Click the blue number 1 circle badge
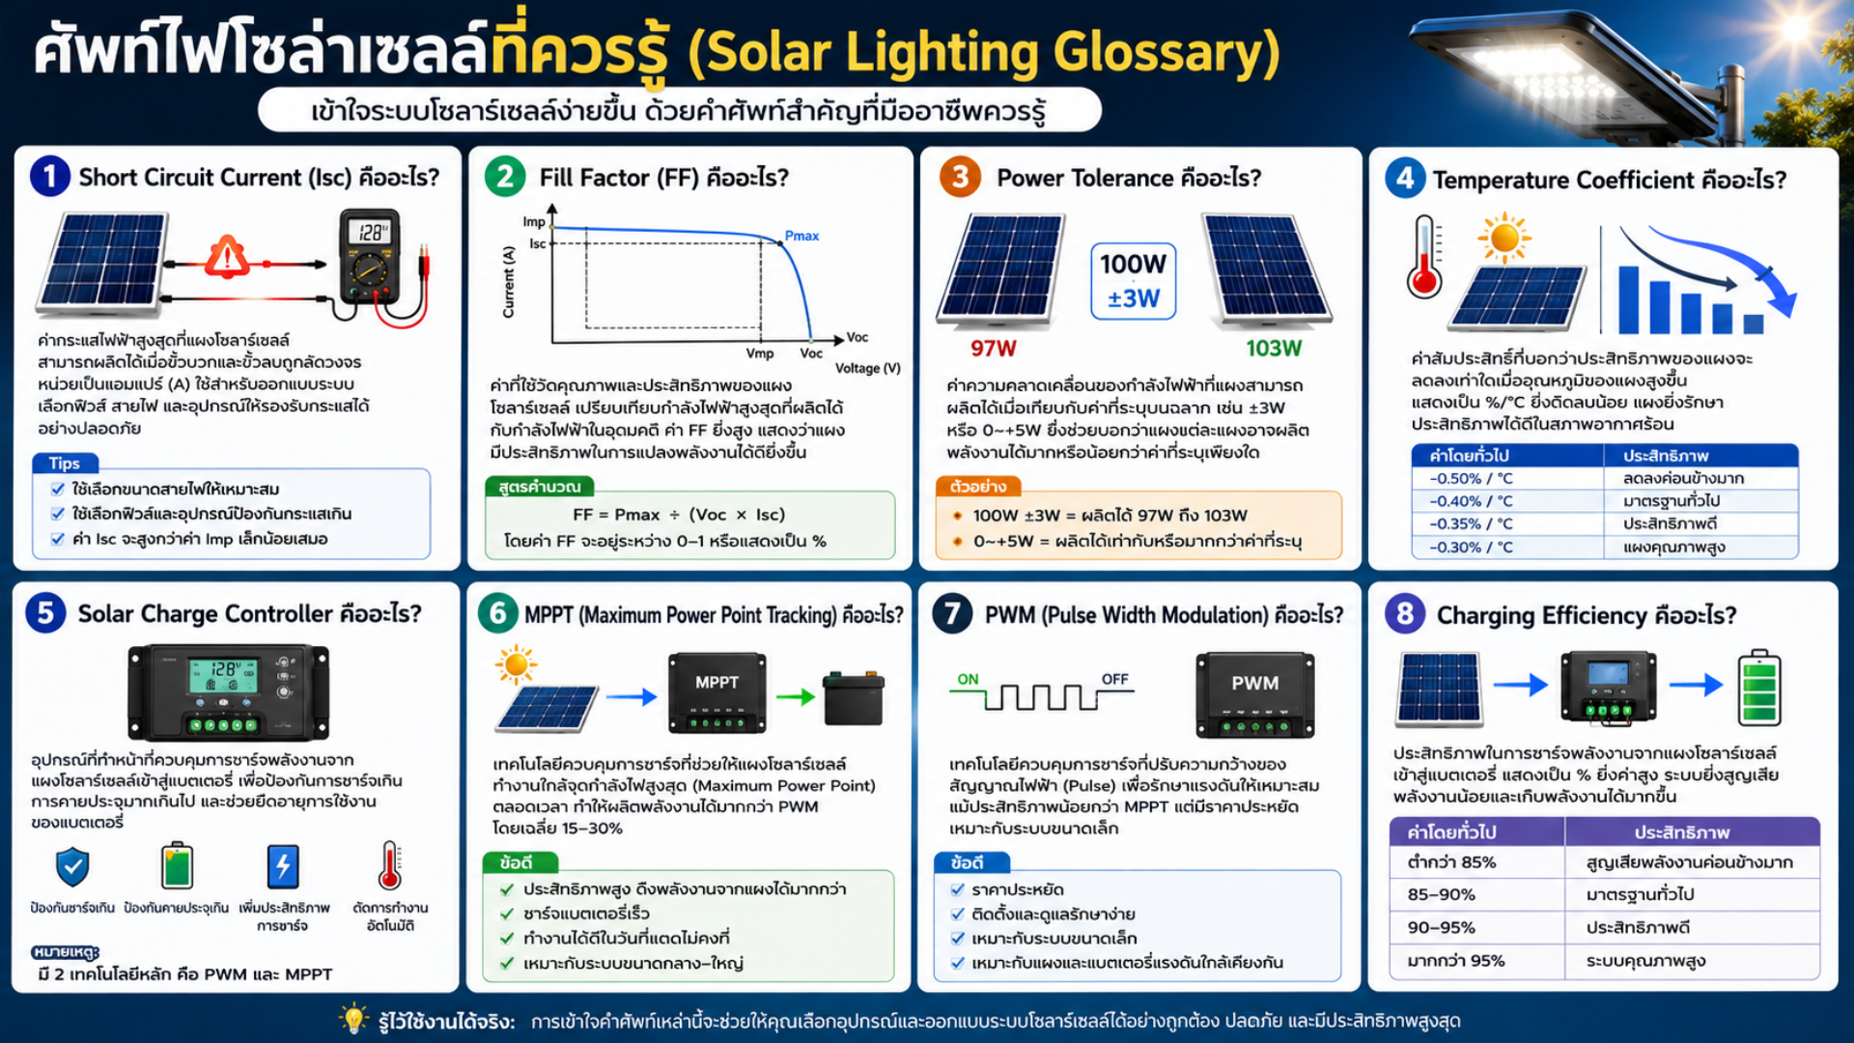click(x=50, y=177)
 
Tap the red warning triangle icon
click(x=227, y=256)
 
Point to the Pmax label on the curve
click(x=801, y=236)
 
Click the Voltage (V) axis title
click(x=867, y=368)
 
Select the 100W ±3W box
click(x=1133, y=280)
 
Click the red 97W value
click(x=994, y=348)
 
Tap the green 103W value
click(x=1274, y=348)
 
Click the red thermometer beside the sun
click(x=1424, y=256)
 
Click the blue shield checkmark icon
click(x=72, y=866)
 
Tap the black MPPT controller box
click(x=717, y=692)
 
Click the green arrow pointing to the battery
click(x=796, y=696)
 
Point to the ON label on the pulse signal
click(x=968, y=679)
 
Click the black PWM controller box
click(x=1254, y=694)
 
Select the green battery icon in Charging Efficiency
click(x=1758, y=688)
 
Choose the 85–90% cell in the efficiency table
click(x=1441, y=894)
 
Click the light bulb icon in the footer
click(x=353, y=1018)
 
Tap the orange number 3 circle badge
click(x=960, y=177)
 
